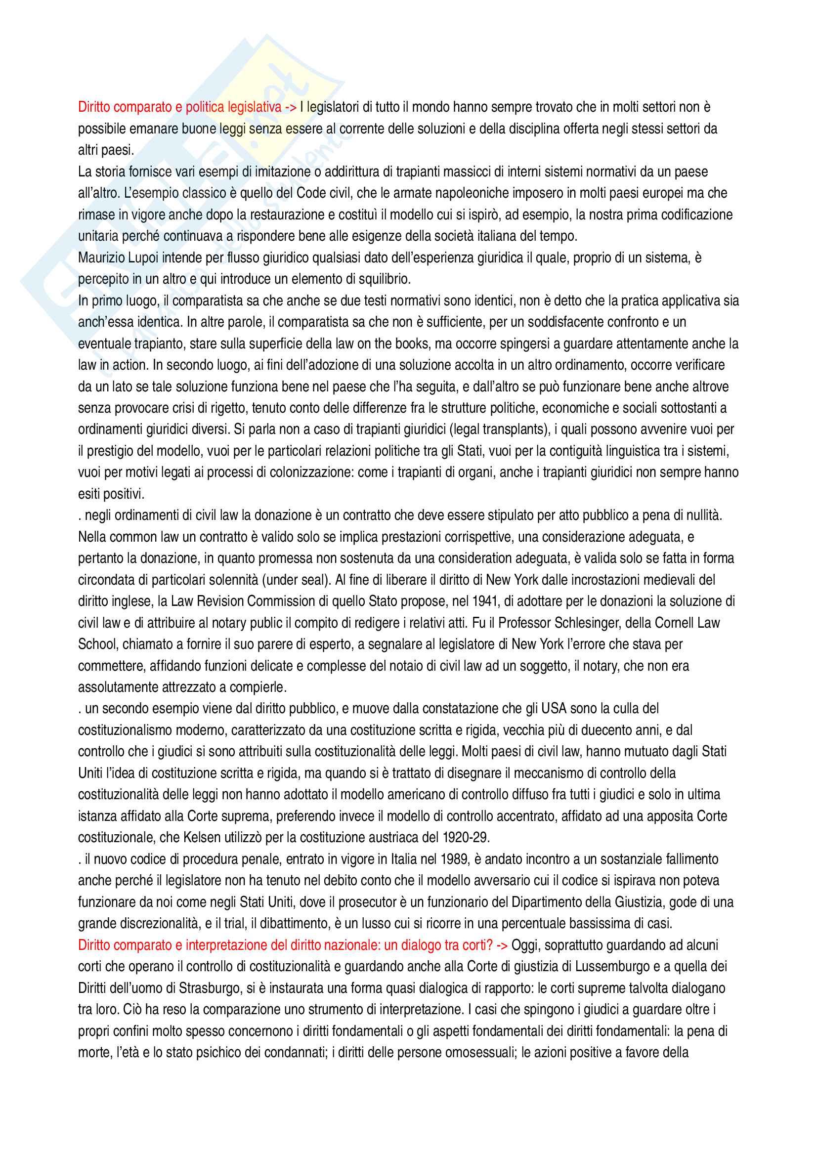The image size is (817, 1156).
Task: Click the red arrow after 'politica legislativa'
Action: coord(291,107)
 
